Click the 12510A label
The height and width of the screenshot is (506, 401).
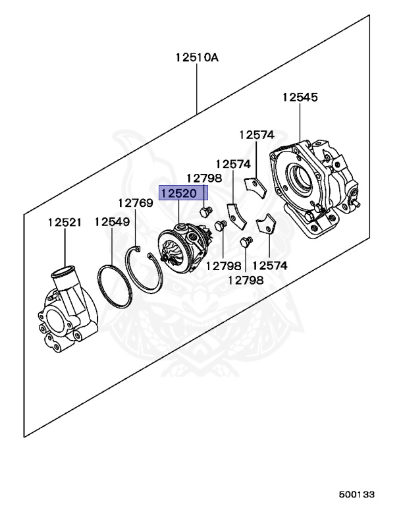tap(196, 57)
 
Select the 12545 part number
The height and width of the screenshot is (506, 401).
tap(300, 98)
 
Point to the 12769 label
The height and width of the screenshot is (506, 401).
tap(136, 203)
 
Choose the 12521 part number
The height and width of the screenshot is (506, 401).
tap(65, 222)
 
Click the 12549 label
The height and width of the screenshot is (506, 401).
tap(111, 222)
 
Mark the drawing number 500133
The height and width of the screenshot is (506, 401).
tap(357, 493)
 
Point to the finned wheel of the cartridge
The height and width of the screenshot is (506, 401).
tap(173, 258)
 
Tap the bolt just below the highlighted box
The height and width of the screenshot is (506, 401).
tap(204, 211)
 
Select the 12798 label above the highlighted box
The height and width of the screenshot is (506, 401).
tap(203, 178)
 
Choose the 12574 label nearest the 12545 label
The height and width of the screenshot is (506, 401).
tap(256, 134)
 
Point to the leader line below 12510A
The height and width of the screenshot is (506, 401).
tap(196, 86)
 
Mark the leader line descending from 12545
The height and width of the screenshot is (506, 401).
tap(300, 122)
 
